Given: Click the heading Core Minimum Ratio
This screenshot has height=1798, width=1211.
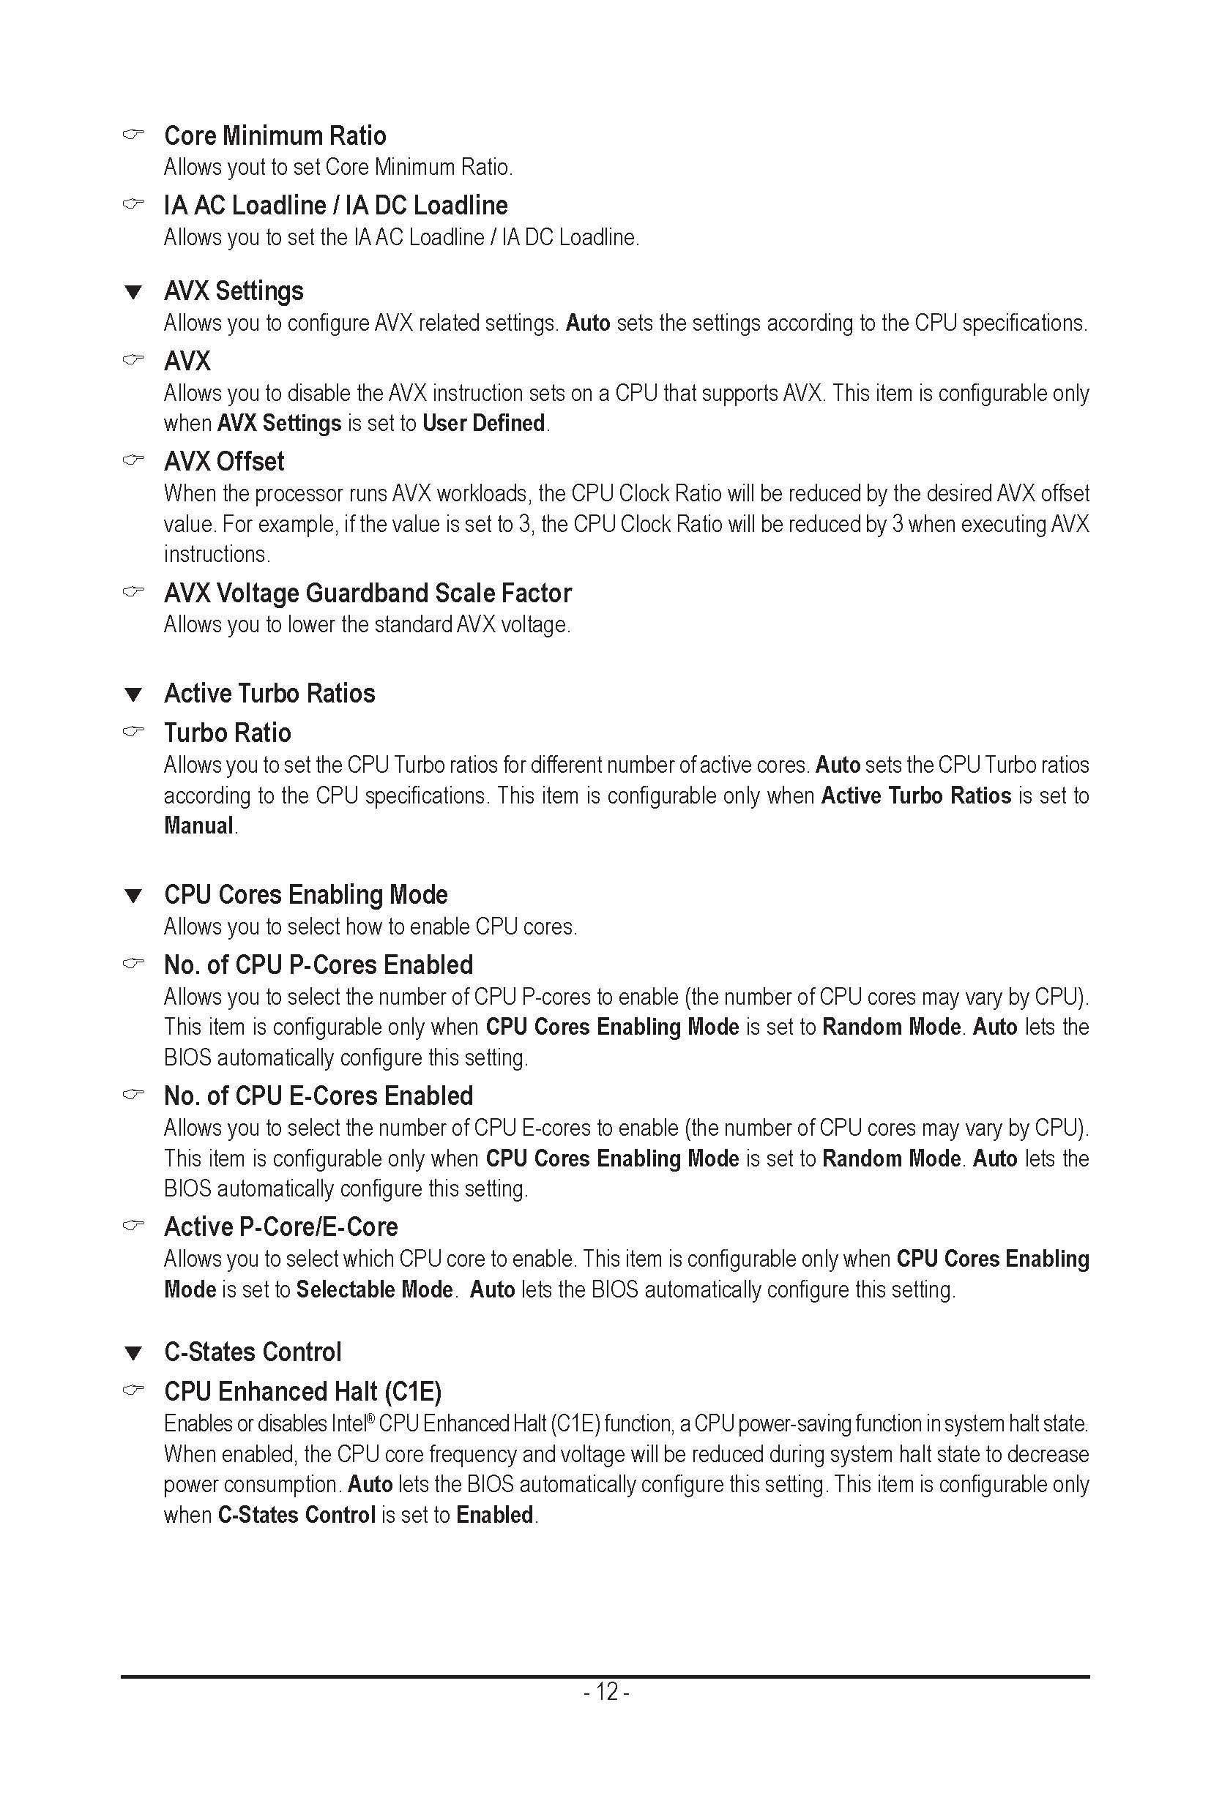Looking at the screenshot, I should [275, 136].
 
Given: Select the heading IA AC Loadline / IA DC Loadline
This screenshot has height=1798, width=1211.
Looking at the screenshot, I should [336, 206].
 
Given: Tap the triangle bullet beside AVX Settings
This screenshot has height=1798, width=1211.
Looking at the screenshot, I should [133, 293].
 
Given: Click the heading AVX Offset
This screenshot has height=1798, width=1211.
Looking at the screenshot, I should [224, 462].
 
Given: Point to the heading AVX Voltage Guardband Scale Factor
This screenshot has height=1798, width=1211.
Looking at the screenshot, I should [368, 593].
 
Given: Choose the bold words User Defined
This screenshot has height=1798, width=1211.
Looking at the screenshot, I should [483, 423].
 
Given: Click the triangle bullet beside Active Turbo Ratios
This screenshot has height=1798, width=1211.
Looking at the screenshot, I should [133, 694].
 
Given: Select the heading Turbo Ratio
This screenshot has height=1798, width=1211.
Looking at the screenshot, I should [228, 733].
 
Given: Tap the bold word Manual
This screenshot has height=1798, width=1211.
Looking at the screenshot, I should [198, 826].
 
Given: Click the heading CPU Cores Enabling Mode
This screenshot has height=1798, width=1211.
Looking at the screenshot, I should [306, 895].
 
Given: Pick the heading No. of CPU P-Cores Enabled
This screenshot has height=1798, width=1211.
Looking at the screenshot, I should [318, 965].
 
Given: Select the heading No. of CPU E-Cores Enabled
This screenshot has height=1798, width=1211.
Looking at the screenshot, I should [318, 1096].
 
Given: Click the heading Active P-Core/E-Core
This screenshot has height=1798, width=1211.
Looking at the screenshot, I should [281, 1226].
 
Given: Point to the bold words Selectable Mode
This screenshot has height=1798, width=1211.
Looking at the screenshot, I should [375, 1289].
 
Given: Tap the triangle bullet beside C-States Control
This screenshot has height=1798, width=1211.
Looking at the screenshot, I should [133, 1353].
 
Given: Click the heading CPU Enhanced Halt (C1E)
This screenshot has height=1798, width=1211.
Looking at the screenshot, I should [303, 1391].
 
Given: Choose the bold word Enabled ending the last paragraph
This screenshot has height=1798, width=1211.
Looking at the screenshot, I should [494, 1515].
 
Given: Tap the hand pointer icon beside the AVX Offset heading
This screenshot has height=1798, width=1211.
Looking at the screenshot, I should [133, 461].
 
